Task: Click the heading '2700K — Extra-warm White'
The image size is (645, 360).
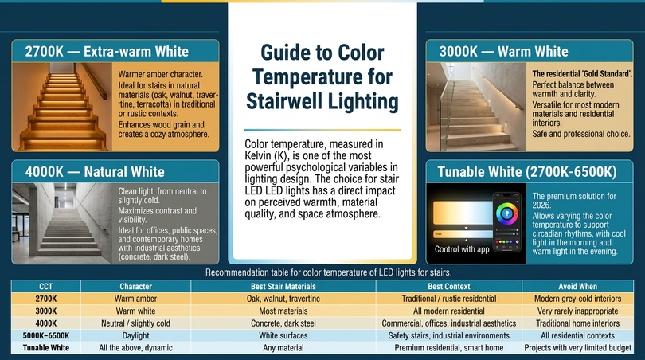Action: tap(107, 52)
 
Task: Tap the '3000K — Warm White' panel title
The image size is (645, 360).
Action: tap(503, 52)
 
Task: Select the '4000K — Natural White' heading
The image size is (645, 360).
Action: tap(95, 171)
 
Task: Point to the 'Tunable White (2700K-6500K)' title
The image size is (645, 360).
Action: tap(527, 171)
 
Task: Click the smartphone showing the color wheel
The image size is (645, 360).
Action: tap(506, 222)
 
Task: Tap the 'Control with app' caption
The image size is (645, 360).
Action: tap(462, 249)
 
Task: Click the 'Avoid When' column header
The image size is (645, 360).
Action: tap(577, 287)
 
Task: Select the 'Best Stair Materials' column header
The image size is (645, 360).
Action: tap(283, 287)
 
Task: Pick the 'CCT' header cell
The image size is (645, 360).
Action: tap(45, 287)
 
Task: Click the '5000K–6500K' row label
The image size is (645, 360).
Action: tap(46, 336)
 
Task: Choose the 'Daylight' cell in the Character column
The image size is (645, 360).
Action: tap(135, 336)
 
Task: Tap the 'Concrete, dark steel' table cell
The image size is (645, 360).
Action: tap(283, 323)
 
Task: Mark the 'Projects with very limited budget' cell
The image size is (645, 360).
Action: tap(577, 348)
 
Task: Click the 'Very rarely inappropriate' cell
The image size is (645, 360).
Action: tap(577, 311)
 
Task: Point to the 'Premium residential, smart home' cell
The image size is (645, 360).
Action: tap(449, 348)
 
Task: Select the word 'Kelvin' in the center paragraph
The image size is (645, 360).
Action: tap(258, 156)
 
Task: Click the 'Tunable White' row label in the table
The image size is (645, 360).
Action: tap(46, 348)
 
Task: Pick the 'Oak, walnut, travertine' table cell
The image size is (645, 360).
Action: tap(283, 299)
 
